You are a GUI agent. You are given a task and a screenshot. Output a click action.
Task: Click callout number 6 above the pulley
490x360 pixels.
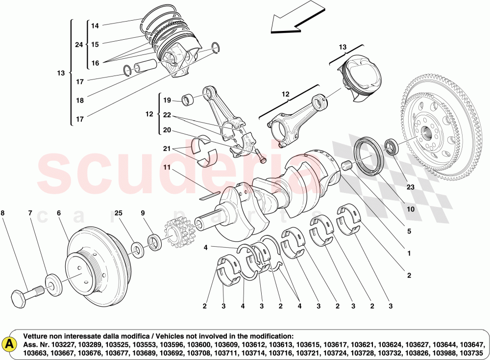click(x=58, y=213)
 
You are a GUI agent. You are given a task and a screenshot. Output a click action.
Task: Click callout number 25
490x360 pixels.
click(x=118, y=213)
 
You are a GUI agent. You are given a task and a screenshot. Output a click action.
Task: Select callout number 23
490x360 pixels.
click(x=410, y=186)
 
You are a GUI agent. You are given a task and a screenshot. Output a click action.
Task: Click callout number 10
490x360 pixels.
click(x=410, y=209)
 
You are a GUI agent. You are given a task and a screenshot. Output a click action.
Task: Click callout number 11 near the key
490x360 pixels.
click(x=167, y=167)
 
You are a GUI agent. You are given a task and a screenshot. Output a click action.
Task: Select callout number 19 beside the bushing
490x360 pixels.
click(x=167, y=101)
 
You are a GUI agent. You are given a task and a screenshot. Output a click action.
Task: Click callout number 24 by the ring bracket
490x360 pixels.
click(x=78, y=45)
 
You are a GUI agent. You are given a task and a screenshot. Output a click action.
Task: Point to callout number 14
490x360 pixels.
click(x=95, y=26)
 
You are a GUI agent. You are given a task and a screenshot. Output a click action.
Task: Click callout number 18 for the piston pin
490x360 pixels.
click(x=80, y=101)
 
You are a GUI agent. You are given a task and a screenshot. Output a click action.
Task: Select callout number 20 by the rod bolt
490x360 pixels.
click(x=167, y=130)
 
